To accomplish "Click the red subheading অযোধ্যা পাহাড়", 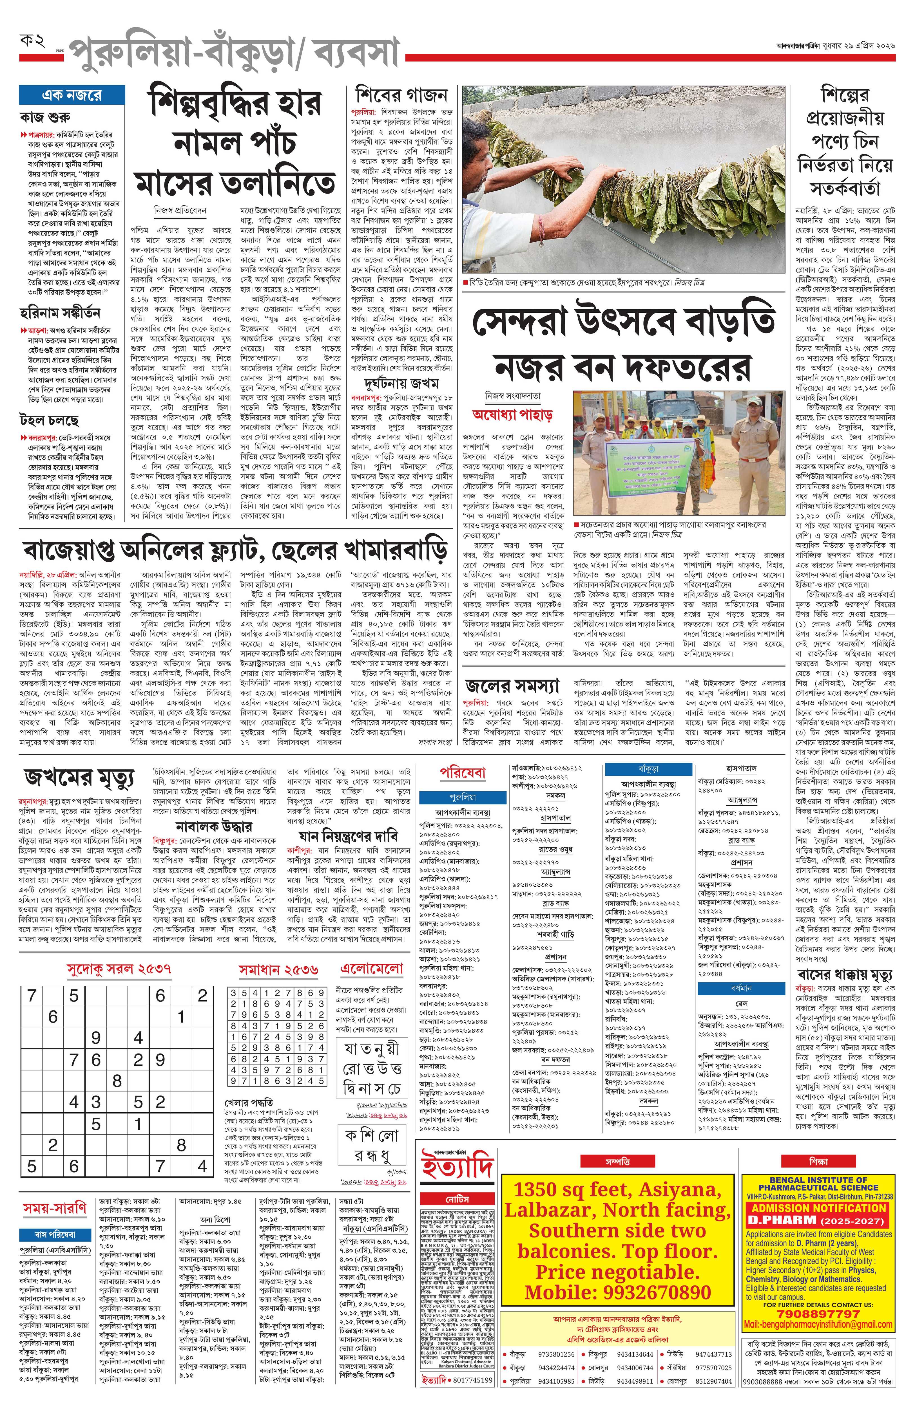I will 512,414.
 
